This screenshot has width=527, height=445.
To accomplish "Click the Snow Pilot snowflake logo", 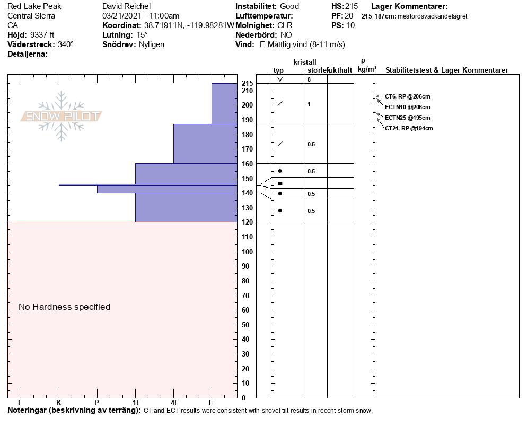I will point(62,116).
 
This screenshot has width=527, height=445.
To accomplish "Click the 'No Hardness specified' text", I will point(64,307).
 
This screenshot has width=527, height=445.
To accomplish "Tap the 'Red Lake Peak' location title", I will point(34,6).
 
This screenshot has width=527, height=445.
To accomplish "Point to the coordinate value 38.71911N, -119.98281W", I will point(189,25).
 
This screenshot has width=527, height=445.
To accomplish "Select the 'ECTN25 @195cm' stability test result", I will point(407,118).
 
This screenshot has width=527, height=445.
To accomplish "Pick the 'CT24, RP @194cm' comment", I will point(409,128).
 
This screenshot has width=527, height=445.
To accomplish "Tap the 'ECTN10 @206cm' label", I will point(407,107).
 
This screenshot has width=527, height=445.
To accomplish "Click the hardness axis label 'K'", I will point(58,403).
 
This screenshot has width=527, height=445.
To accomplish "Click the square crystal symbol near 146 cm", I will point(280,183).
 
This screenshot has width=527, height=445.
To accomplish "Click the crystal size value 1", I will point(309,104).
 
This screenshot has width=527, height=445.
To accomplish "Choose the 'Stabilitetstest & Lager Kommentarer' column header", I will point(446,70).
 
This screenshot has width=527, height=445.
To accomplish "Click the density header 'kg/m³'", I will point(367,69).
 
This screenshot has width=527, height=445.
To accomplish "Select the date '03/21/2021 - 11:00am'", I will point(140,16).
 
